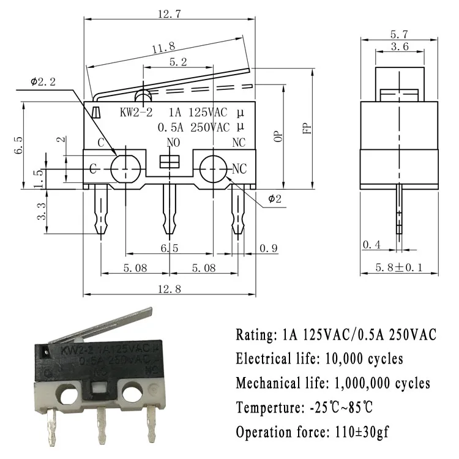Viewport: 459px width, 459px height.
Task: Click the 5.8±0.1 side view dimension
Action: (x=400, y=267)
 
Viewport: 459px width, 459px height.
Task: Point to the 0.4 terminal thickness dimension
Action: (x=371, y=245)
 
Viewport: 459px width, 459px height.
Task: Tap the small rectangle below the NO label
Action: (x=168, y=162)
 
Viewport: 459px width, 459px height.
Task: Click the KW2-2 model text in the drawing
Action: (x=135, y=113)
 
